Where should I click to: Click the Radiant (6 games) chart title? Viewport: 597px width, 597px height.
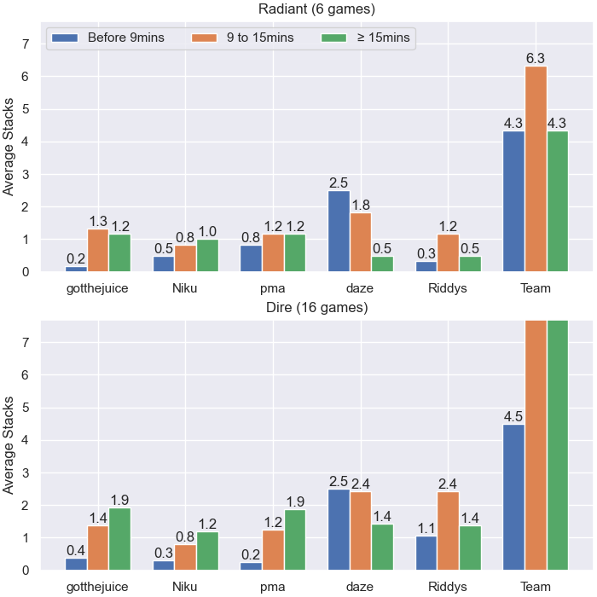[x=316, y=9]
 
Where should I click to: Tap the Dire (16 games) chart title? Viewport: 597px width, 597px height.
[x=316, y=307]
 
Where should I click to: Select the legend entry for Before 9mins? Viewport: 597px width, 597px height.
[x=108, y=38]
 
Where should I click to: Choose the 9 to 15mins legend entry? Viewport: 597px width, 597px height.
[x=242, y=38]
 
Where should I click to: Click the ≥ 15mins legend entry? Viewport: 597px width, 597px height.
[x=366, y=38]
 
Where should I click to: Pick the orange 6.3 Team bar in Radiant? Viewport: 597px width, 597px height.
[x=536, y=169]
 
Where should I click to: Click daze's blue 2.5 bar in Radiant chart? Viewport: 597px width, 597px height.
[x=339, y=231]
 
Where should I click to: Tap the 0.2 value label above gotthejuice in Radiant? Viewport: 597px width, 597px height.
[x=76, y=259]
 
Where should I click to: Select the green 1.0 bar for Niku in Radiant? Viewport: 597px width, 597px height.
[x=207, y=256]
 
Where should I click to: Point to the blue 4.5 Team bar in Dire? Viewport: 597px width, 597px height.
[x=513, y=497]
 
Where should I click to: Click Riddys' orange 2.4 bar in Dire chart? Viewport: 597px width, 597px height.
[x=448, y=531]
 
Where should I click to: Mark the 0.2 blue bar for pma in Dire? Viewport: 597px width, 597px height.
[x=251, y=566]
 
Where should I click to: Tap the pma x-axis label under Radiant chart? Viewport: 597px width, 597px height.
[x=273, y=288]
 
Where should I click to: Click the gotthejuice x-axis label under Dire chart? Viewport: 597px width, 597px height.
[x=97, y=587]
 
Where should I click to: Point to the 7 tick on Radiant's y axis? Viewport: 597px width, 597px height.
[x=26, y=44]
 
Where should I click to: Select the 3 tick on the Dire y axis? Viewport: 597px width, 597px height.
[x=26, y=472]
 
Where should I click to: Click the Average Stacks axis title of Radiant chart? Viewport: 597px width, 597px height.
[x=8, y=147]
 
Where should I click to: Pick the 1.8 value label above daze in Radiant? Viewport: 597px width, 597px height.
[x=361, y=206]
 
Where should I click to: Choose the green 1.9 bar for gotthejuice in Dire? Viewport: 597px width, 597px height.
[x=120, y=539]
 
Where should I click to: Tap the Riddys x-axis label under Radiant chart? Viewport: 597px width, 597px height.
[x=448, y=288]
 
